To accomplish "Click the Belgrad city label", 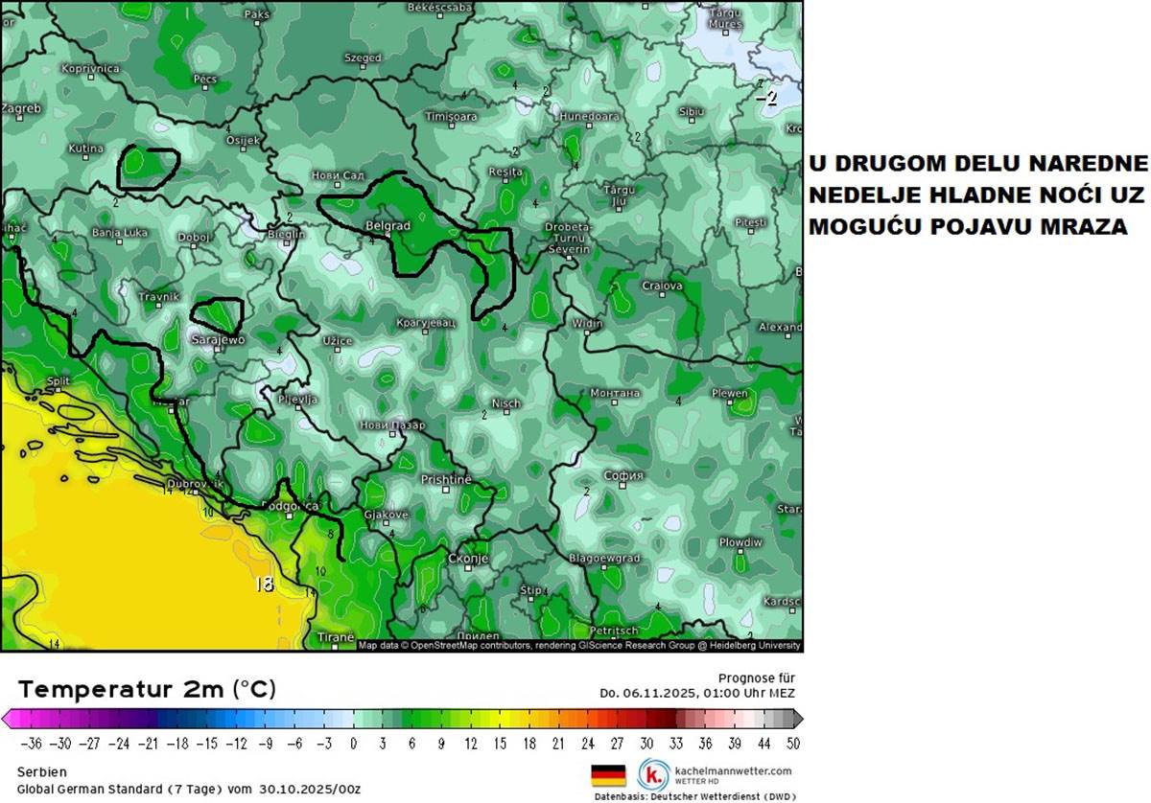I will click(388, 226).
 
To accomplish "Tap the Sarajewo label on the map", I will click(219, 340).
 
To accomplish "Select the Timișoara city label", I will click(451, 116).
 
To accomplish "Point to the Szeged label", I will click(363, 58).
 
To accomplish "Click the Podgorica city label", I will click(290, 506).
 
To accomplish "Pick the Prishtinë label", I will click(447, 479).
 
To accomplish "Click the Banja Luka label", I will click(120, 233).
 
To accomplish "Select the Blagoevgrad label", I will click(604, 558).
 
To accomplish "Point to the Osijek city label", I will click(242, 141).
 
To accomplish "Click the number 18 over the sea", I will click(264, 584).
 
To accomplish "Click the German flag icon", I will click(608, 774).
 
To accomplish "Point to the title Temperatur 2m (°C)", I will click(148, 689).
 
